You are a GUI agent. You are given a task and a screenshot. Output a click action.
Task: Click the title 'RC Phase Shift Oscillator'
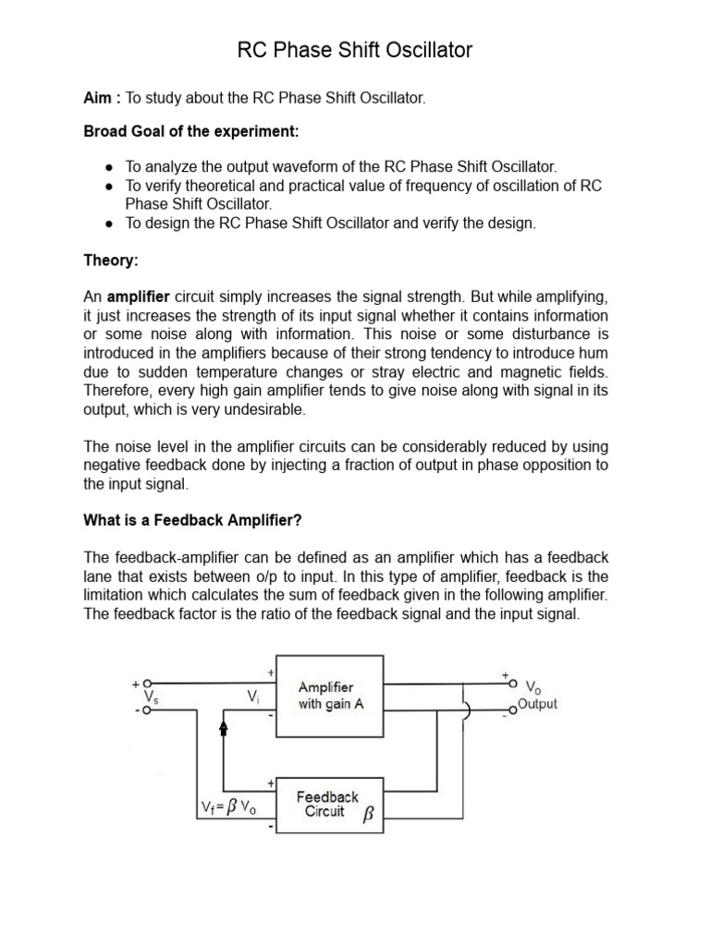coord(354,50)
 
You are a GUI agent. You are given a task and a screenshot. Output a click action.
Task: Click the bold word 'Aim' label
coord(100,98)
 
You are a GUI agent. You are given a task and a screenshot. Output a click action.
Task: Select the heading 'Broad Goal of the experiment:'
coord(191,132)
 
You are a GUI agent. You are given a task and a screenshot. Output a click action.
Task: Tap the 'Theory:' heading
coord(111,261)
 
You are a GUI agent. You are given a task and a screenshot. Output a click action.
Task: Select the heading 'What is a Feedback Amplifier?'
coord(192,520)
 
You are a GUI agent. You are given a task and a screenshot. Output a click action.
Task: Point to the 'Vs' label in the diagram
coord(150,699)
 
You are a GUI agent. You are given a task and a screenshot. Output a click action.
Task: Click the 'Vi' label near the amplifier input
coord(252,696)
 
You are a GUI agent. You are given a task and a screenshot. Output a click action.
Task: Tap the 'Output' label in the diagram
coord(537,704)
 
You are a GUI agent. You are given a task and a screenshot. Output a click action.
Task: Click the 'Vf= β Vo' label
coord(228,807)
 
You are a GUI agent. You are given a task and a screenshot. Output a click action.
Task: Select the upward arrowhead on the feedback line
coord(223,728)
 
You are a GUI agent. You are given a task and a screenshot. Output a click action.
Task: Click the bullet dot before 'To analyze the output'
coord(109,167)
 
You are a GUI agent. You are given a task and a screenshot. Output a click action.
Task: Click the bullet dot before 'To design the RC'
coord(109,224)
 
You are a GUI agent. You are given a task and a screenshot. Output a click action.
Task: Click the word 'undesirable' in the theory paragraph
coord(263,409)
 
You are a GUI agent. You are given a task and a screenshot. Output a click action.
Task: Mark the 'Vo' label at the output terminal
coord(533,687)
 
